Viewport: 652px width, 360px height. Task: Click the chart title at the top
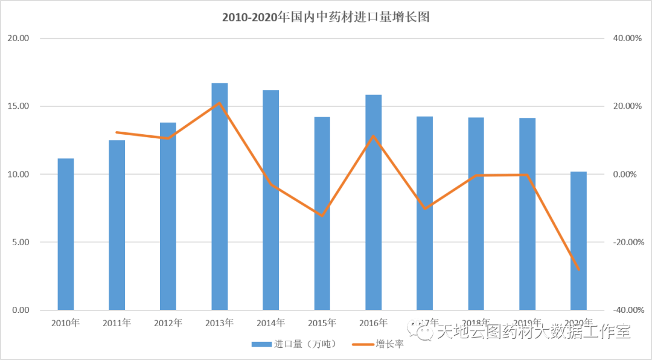325,18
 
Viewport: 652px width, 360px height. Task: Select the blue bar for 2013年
219,196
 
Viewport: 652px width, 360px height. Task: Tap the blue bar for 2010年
66,234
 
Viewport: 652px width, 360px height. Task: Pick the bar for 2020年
578,241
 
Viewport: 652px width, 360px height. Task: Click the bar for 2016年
373,202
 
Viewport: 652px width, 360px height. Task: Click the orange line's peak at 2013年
219,103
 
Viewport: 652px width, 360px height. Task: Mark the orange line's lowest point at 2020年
578,269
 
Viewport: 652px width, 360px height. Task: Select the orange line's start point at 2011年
117,132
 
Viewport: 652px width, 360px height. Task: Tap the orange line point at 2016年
373,136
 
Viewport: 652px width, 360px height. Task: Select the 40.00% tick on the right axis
627,39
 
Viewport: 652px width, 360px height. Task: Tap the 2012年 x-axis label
168,323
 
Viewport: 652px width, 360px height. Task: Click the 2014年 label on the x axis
270,323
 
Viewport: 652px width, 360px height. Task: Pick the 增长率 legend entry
386,344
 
